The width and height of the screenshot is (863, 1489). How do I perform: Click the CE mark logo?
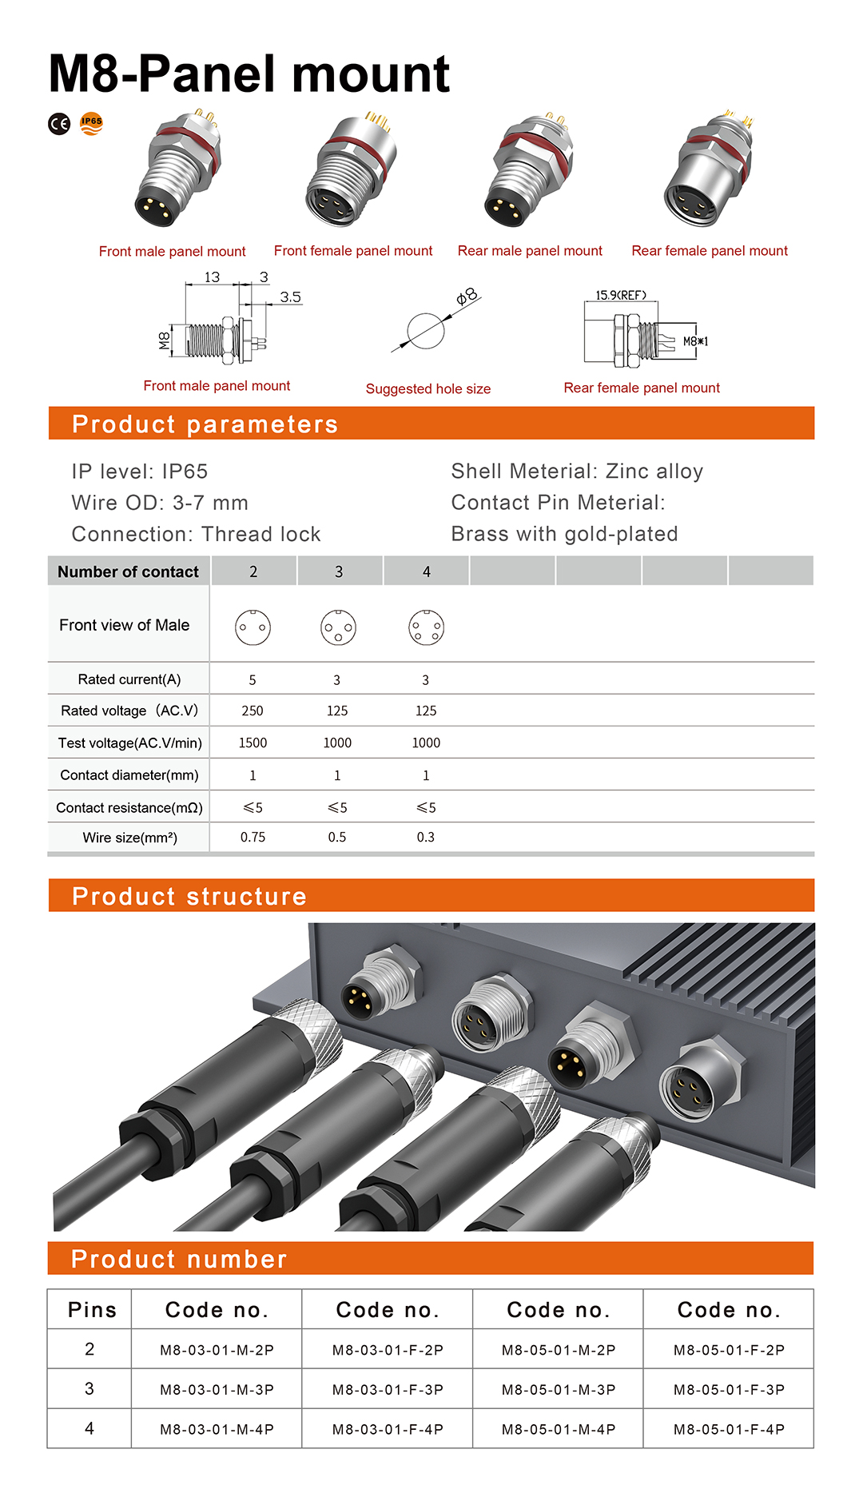point(59,124)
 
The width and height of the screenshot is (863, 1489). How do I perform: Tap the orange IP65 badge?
point(92,123)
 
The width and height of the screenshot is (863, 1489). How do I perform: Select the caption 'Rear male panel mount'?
point(530,251)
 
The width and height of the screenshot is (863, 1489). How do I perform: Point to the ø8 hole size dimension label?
point(467,297)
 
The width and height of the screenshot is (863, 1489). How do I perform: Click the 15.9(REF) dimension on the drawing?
point(621,295)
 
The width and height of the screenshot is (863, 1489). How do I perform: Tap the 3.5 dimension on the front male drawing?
point(290,297)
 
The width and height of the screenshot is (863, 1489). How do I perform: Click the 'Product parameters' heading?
point(205,424)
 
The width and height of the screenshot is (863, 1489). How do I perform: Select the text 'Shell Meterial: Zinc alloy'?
point(577,471)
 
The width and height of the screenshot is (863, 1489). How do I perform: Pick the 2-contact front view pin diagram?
point(253,627)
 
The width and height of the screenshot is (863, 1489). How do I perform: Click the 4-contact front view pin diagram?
point(426,627)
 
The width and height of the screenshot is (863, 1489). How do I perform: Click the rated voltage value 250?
point(253,711)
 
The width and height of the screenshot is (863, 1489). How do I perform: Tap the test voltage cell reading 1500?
point(253,743)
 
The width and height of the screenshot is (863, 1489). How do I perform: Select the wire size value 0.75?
point(253,837)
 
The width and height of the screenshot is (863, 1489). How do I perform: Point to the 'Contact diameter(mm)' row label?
point(129,774)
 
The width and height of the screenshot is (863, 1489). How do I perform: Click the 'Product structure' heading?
point(189,896)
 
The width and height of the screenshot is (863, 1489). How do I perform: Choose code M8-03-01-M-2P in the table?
point(217,1350)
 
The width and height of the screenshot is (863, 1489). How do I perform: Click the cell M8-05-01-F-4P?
point(729,1429)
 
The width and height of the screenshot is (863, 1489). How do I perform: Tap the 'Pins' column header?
point(92,1310)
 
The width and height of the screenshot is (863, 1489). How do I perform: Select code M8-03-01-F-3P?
point(388,1390)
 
